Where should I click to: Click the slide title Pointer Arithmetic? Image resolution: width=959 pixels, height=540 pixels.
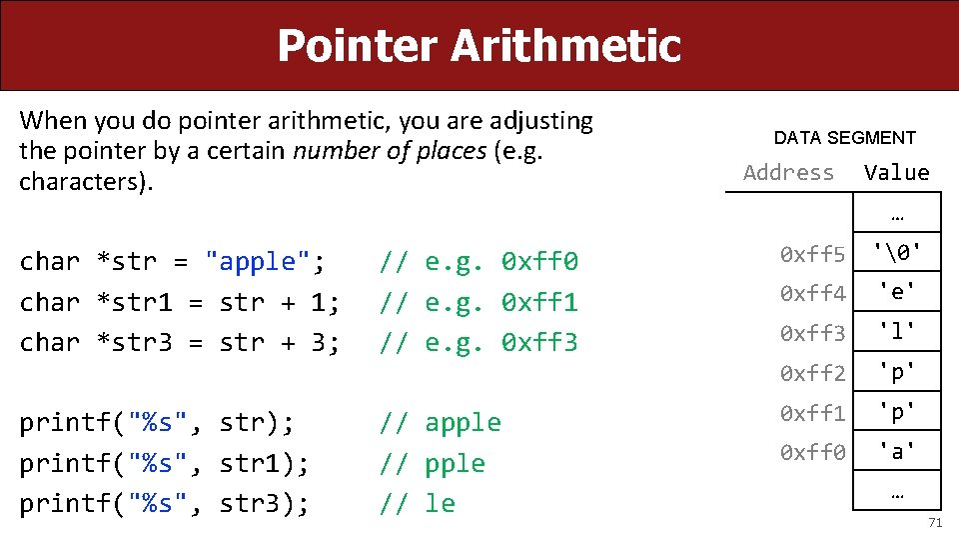(x=479, y=45)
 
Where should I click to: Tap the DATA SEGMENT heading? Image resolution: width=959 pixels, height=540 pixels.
(x=844, y=138)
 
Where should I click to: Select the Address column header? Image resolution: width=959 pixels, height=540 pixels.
(x=788, y=172)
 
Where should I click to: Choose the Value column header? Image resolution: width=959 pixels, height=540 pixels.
(x=896, y=172)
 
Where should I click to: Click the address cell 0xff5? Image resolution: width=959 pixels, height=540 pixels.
(x=813, y=255)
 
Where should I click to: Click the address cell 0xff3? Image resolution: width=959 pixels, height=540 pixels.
(x=813, y=333)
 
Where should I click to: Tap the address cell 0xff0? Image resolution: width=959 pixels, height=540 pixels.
(x=813, y=452)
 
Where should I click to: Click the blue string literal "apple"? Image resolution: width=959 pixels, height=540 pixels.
(x=258, y=262)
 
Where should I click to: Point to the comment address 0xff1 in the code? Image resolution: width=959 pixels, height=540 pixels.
(x=539, y=302)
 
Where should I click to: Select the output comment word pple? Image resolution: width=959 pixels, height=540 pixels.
(x=455, y=463)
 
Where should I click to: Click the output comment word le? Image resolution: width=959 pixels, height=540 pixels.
(x=440, y=504)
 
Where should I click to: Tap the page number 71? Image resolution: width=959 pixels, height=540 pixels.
(x=935, y=523)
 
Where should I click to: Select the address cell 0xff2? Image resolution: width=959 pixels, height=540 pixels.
(x=813, y=373)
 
